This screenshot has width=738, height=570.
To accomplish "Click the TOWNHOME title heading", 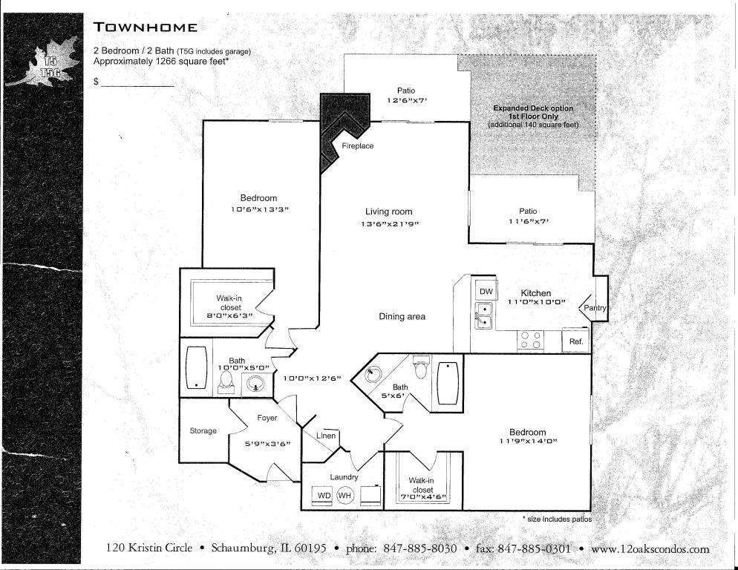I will pos(146,28).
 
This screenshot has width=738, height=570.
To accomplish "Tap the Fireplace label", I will pos(357,146).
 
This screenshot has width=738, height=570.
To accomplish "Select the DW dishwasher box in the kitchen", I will pos(486,292).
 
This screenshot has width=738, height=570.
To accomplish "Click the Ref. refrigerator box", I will pos(575,341).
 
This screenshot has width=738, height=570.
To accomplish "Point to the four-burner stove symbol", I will pos(530,340).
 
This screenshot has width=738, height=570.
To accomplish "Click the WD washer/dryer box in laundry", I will pos(324,495).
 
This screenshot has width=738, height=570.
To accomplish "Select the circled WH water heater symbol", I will pos(345,495).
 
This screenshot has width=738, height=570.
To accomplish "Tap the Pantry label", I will pos(595,308).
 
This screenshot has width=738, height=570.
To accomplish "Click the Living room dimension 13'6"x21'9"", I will pos(388,223).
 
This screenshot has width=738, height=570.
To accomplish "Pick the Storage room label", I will pos(203,430).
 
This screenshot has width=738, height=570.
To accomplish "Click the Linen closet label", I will pos(326,436).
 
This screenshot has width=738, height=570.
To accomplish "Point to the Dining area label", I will pos(402,317).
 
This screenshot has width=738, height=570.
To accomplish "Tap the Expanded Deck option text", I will pos(533,108).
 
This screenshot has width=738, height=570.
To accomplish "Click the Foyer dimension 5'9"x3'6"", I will pos(267,444).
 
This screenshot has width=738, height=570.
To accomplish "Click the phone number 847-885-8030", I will pos(419,549).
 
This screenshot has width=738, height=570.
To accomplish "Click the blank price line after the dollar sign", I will pos(137,84).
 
